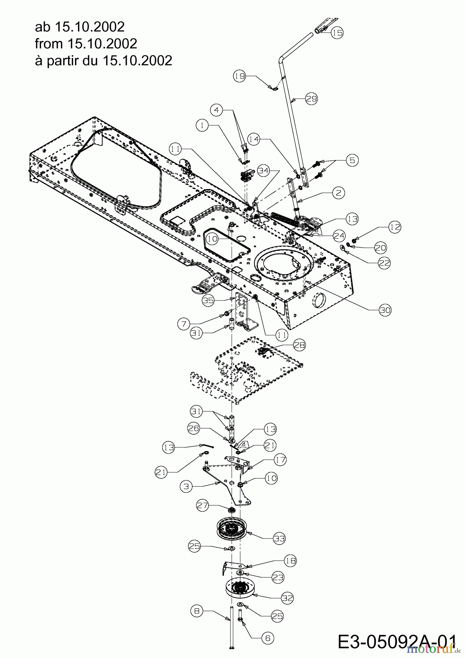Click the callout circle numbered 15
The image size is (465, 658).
point(337,33)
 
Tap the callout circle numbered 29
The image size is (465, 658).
point(311,99)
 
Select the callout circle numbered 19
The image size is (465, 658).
point(239,76)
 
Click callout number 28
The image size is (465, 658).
point(299,345)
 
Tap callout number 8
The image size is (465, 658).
point(197,611)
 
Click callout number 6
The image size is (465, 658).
point(267,638)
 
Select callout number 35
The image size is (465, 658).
point(208,300)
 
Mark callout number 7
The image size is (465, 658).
point(184,323)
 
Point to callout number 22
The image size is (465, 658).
point(384,263)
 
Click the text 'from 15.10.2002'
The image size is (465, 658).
point(86,44)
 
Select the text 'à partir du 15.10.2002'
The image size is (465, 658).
point(103,60)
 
